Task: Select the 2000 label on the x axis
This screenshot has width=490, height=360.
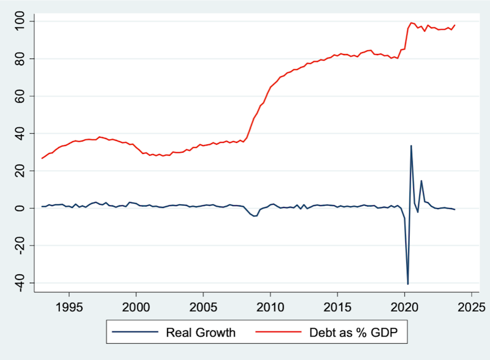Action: [136, 307]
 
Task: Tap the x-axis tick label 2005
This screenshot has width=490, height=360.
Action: [203, 307]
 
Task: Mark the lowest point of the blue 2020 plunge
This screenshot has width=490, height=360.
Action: [408, 284]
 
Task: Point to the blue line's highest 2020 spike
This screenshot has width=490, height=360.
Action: [411, 146]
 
